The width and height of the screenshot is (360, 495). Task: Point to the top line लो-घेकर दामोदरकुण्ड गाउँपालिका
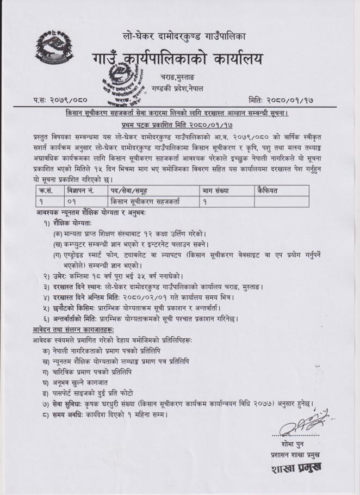(x=184, y=36)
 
